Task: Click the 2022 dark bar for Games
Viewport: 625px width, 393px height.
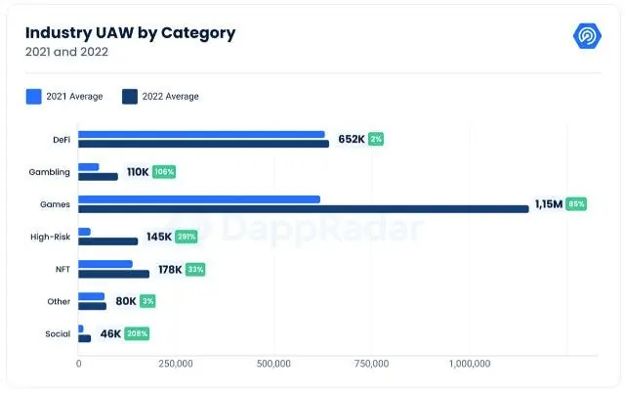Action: (304, 208)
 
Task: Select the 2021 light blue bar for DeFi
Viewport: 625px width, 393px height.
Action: (201, 135)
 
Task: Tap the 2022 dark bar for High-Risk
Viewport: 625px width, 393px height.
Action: (108, 241)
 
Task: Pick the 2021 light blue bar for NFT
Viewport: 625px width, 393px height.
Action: (105, 264)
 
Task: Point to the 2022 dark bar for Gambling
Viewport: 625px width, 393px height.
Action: (98, 176)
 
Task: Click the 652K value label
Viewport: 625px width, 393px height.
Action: (352, 139)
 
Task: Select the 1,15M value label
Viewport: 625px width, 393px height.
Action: (549, 204)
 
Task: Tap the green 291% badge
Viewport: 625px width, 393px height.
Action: (187, 237)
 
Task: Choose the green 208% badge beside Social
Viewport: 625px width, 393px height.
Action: (137, 333)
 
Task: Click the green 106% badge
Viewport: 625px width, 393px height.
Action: (164, 171)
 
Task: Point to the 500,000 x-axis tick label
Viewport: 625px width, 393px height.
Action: (273, 364)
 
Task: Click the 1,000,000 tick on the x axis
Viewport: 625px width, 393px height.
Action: (470, 364)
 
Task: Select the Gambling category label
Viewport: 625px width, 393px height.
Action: (50, 172)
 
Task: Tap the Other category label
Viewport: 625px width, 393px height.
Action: (59, 301)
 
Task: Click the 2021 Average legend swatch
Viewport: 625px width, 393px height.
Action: (34, 97)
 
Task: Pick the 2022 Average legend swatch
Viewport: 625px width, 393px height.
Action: (130, 97)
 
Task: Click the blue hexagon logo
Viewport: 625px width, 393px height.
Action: (587, 36)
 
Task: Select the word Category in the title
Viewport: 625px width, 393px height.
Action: (198, 33)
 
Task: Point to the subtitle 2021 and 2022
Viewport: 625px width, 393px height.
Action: (66, 52)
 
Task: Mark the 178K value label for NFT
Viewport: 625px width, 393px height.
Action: (170, 269)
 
